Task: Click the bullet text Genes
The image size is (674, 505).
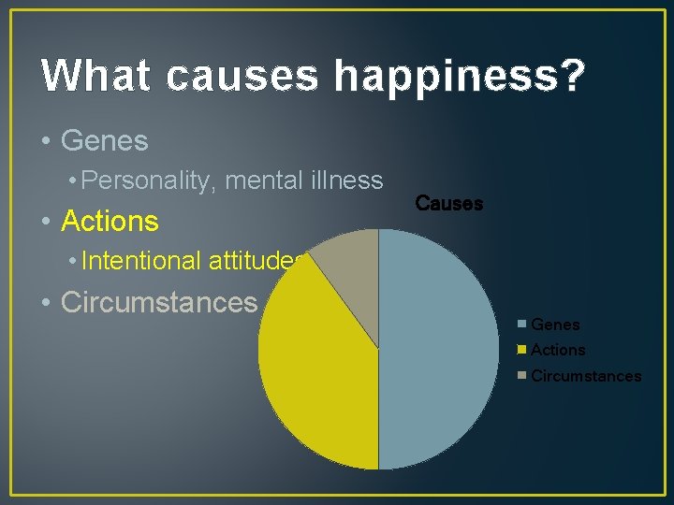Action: [x=104, y=141]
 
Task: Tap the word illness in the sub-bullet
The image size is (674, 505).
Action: [x=347, y=180]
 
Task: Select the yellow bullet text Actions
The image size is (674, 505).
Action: [x=110, y=222]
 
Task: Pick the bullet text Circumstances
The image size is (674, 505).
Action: [x=158, y=302]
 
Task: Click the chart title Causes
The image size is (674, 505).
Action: [x=448, y=203]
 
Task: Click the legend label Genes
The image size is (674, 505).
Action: [x=555, y=325]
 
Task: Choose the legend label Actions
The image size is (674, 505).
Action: [x=558, y=350]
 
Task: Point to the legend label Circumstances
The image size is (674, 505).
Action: [x=586, y=376]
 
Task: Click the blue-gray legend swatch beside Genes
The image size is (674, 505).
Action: [x=522, y=325]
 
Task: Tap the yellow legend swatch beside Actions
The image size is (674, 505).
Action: [x=522, y=350]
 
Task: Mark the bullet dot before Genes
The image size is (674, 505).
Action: [x=45, y=142]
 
